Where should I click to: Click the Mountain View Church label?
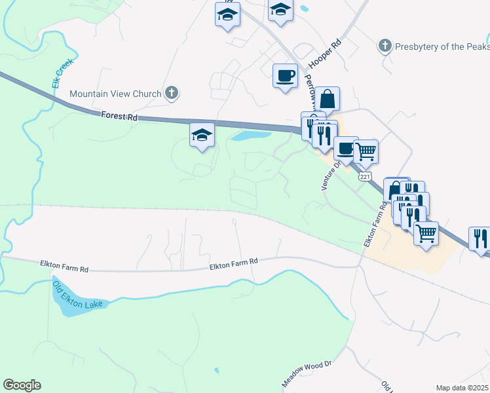[115, 94]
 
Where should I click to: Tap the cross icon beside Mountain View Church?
[171, 93]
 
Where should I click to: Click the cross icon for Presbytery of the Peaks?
[385, 46]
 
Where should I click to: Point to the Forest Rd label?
[119, 117]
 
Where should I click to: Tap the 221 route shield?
[365, 177]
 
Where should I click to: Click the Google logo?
[22, 385]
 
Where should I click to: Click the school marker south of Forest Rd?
[202, 136]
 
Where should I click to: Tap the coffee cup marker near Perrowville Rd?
[284, 76]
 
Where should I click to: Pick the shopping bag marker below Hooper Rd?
[327, 100]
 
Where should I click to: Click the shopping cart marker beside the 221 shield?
[366, 151]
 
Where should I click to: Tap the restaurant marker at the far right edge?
[480, 238]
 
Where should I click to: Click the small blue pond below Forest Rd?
[250, 136]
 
